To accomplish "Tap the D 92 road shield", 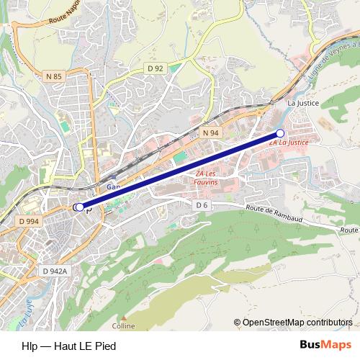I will tap(156, 68).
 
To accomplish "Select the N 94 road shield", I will tap(210, 133).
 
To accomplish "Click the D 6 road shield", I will tap(202, 205).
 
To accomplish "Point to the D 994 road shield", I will tap(29, 221).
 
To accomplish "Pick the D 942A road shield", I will tap(55, 271).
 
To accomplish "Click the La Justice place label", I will tap(302, 103).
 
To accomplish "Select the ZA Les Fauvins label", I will tap(206, 178).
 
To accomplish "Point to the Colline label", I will tap(124, 325).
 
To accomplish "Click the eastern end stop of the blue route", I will tap(280, 133).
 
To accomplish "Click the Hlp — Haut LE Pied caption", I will tap(69, 346).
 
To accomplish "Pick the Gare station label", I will tap(112, 185).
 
